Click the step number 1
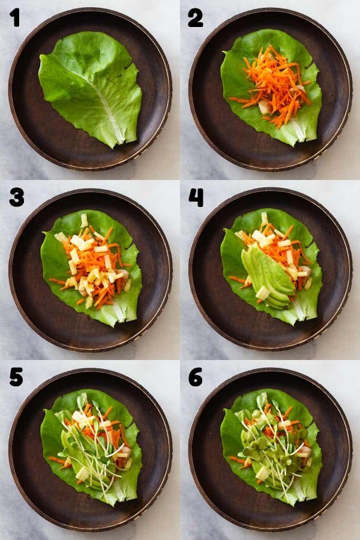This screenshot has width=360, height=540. click(14, 17)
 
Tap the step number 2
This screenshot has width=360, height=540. click(195, 17)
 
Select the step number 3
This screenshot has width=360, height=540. click(16, 197)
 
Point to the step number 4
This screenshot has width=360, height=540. click(196, 197)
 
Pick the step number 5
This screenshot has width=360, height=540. click(16, 377)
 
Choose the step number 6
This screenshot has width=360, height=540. click(196, 377)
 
